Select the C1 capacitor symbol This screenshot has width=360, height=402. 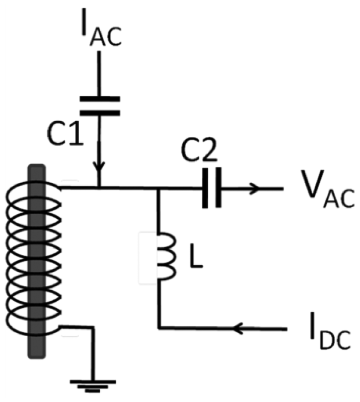[99, 106]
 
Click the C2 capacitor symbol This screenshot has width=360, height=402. [211, 188]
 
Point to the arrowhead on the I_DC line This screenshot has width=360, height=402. [240, 329]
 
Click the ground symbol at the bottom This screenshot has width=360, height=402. [92, 384]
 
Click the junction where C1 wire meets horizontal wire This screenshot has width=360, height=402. [99, 188]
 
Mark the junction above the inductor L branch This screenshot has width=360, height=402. [159, 188]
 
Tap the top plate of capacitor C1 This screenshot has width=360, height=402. [99, 99]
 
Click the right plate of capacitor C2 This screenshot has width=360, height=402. [218, 188]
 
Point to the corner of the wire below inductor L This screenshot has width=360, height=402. [160, 329]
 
